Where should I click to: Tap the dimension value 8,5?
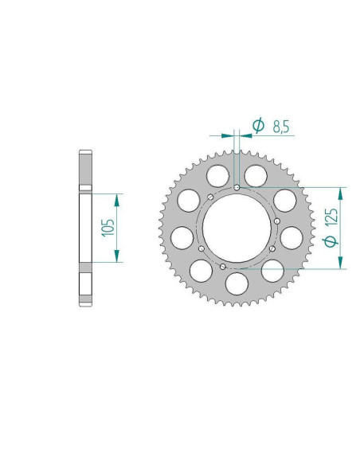tap(280, 126)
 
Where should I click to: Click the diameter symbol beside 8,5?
tap(257, 126)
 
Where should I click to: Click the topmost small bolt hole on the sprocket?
tap(238, 188)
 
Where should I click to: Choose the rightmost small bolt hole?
tap(276, 221)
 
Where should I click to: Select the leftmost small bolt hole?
tap(199, 248)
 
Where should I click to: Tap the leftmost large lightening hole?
tap(182, 236)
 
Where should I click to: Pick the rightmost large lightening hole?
tap(292, 236)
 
